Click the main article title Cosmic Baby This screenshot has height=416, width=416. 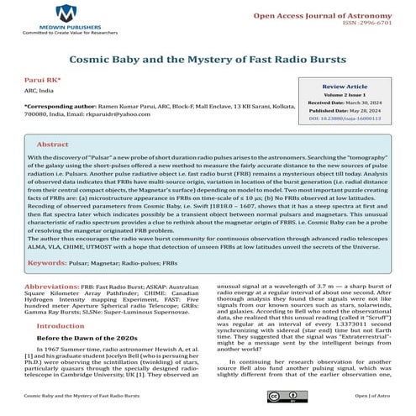(208, 61)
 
